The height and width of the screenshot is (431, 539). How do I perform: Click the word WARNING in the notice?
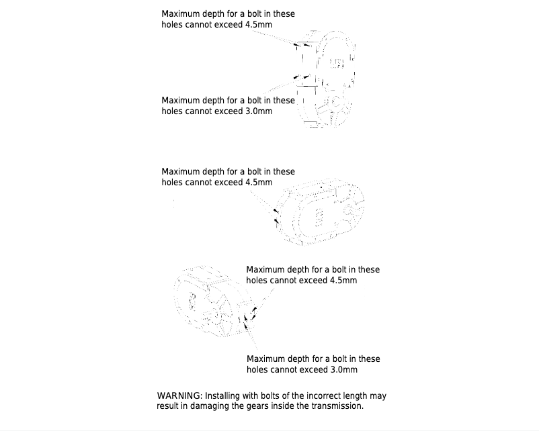(179, 396)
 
